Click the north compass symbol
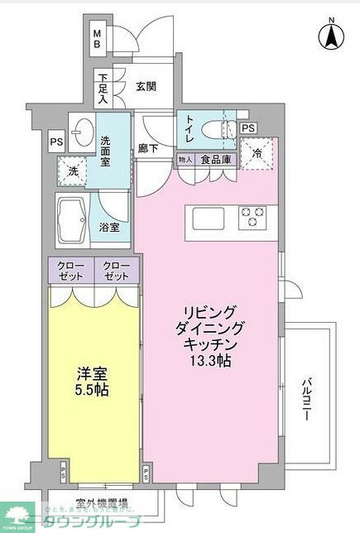click(x=329, y=35)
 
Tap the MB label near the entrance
click(x=96, y=39)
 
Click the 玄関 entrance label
click(x=146, y=85)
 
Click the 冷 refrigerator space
click(x=257, y=152)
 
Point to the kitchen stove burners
click(x=252, y=218)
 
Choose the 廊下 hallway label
click(x=149, y=149)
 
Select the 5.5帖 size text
click(x=91, y=389)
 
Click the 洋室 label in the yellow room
click(x=91, y=373)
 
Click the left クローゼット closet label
click(x=70, y=271)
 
